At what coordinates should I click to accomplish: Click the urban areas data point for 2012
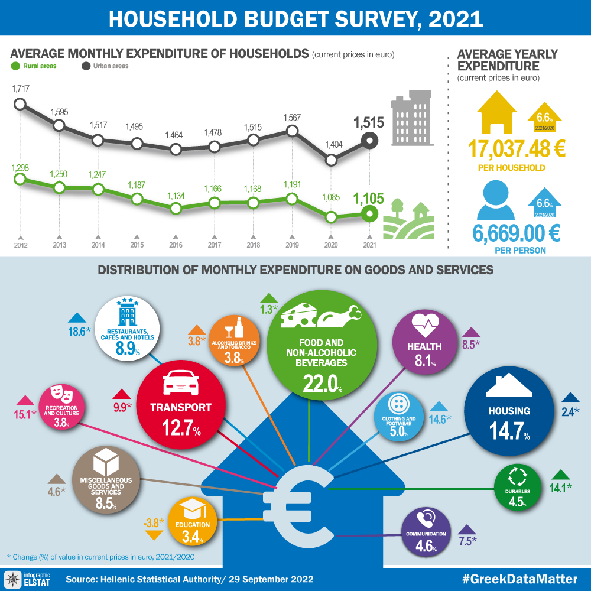point(20,104)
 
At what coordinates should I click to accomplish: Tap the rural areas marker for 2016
point(175,208)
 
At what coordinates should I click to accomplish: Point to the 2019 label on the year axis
point(292,245)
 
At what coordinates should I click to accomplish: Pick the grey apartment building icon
point(411,118)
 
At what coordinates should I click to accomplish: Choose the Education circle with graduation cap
point(193,521)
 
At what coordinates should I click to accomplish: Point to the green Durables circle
point(518,487)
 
